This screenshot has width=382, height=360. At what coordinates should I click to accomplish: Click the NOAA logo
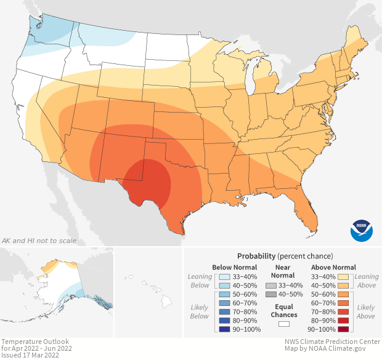[x=362, y=230]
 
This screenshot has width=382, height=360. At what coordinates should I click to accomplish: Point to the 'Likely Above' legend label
[x=365, y=311]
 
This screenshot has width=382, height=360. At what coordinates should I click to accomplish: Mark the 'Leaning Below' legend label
[x=200, y=281]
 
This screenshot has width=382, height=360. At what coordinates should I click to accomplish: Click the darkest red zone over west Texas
[x=148, y=178]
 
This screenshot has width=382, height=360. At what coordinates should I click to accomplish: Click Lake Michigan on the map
[x=251, y=77]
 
